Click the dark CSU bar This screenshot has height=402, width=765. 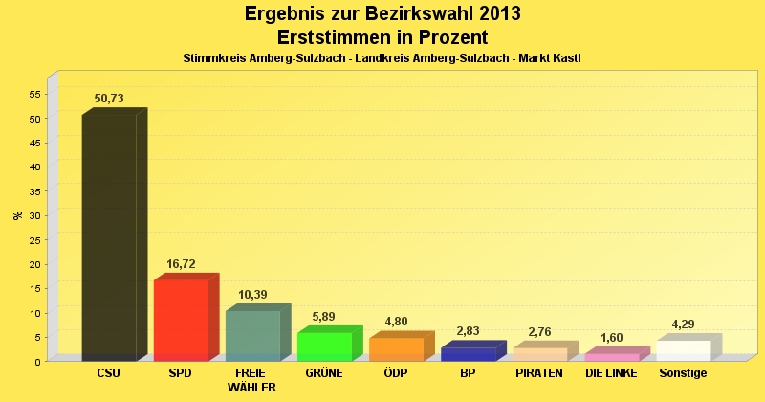pos(109,237)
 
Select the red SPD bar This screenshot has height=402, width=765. pos(181,320)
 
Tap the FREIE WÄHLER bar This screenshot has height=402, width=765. pos(252,335)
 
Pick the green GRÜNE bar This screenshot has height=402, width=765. pos(324,346)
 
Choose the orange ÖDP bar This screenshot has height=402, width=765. pos(396,348)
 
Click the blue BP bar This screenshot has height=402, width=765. pos(468,353)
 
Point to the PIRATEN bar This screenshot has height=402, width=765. pos(539,353)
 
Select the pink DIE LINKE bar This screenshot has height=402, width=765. pos(611,356)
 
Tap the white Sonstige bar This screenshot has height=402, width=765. pos(683,350)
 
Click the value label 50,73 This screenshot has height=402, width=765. pos(109,99)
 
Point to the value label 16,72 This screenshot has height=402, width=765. pos(181,263)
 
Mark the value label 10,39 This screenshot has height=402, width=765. pos(252,294)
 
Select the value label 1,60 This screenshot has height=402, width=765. pos(611,337)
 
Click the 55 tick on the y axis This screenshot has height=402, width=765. pos(35,94)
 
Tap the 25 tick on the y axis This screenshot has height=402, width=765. pos(35,239)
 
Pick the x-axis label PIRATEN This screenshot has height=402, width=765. pos(539,372)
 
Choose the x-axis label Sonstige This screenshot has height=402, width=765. pos(683,372)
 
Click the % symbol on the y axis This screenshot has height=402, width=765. pos(17,215)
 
